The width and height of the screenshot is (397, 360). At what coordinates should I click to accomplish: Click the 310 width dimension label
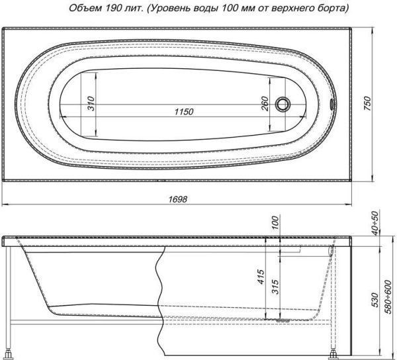(x=91, y=104)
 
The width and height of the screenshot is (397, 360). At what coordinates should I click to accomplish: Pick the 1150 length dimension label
(x=183, y=111)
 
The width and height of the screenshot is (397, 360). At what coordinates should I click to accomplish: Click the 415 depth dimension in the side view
(x=262, y=275)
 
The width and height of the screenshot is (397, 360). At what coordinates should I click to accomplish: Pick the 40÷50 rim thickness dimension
(x=375, y=224)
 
